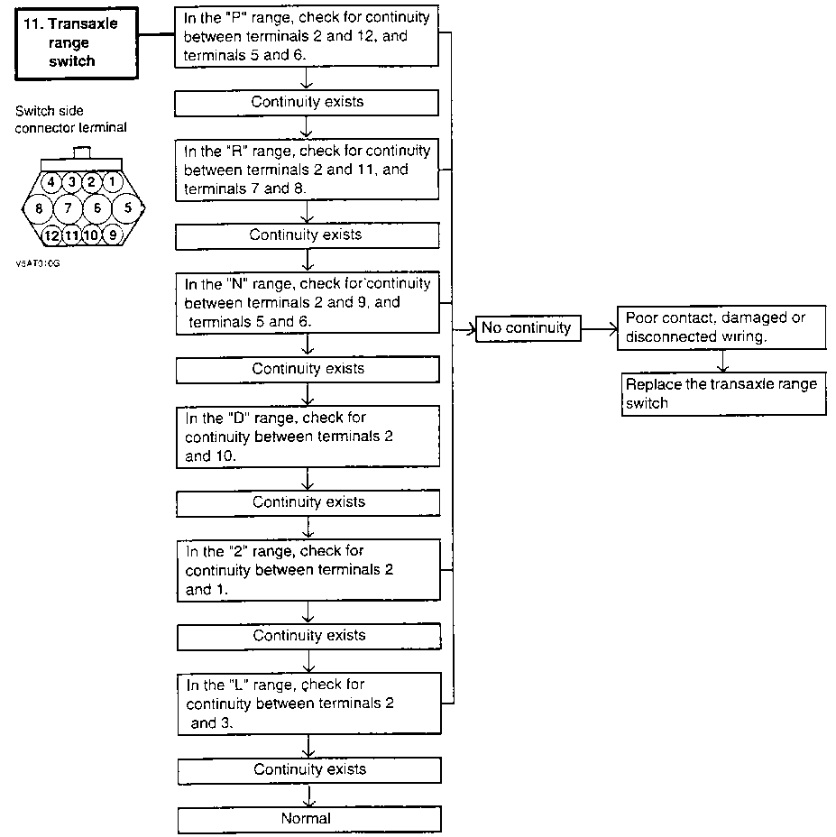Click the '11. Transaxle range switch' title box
point(77,43)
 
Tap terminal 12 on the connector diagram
point(51,235)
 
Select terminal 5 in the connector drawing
point(127,207)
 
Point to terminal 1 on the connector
point(112,182)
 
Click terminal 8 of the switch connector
point(39,207)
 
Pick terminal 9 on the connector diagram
point(112,235)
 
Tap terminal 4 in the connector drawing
point(51,182)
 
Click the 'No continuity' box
point(528,327)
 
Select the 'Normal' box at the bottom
point(309,819)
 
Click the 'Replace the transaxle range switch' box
point(723,394)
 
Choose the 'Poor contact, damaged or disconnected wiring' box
point(721,327)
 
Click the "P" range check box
point(307,36)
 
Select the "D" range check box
point(308,437)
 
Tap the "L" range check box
point(309,704)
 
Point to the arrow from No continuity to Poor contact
point(599,328)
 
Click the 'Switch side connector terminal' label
point(71,119)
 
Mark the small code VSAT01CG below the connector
point(38,263)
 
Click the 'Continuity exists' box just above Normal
point(309,770)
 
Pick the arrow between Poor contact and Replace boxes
point(723,362)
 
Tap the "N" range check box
point(308,303)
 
